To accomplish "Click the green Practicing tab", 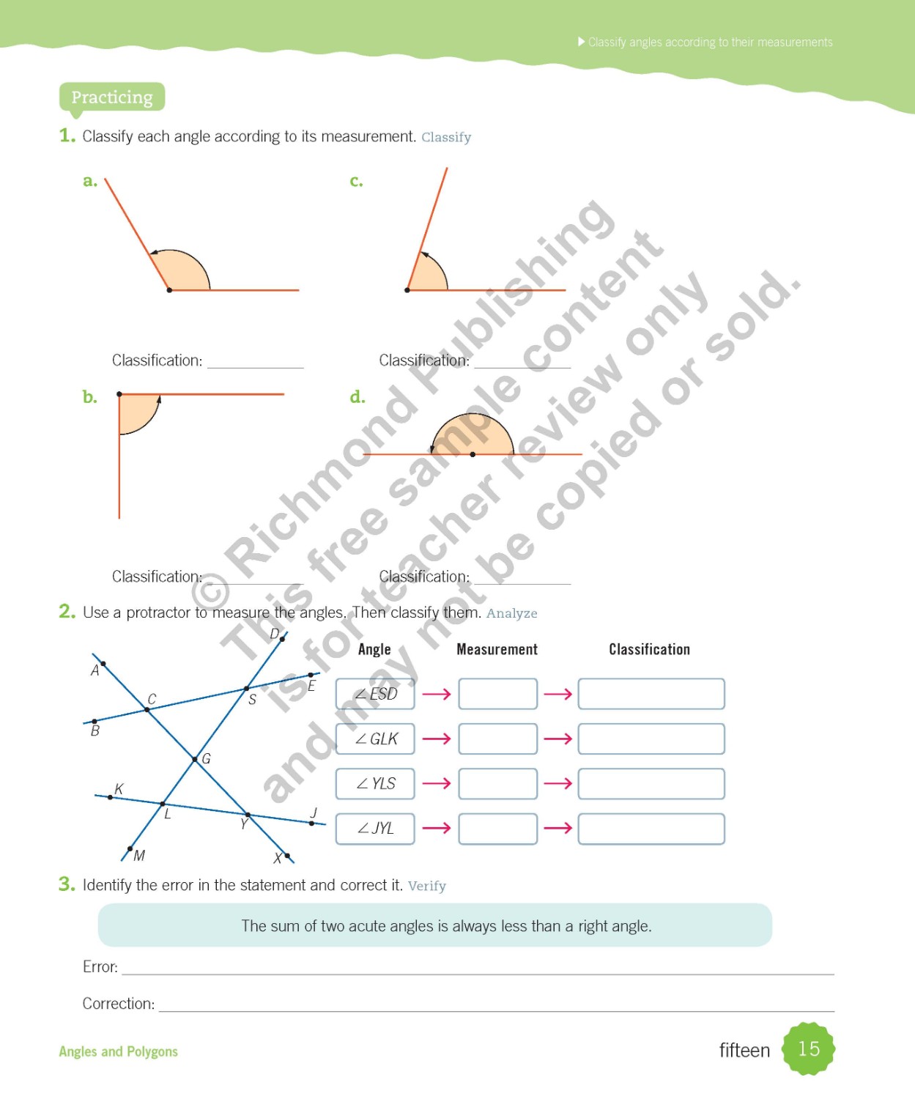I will (x=112, y=97).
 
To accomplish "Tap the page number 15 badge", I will (x=808, y=1049).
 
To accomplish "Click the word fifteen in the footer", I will (x=744, y=1051).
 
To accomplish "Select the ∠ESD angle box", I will (x=375, y=694).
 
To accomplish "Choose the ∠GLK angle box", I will (x=375, y=739).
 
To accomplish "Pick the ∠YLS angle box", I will (x=375, y=783).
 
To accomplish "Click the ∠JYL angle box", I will (x=375, y=829).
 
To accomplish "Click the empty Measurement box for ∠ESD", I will (x=497, y=694).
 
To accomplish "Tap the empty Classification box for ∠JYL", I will (x=651, y=829).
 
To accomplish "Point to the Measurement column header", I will (x=497, y=649).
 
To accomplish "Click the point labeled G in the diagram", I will (x=195, y=759).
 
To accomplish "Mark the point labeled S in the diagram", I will (x=246, y=689).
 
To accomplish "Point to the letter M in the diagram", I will (x=139, y=855).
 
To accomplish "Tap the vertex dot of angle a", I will (x=169, y=290).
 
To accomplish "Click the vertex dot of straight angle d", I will (x=473, y=454).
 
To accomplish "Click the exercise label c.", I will (x=356, y=181).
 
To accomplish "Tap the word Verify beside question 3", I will (x=426, y=886).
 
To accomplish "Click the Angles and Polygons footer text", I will (x=118, y=1051).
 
